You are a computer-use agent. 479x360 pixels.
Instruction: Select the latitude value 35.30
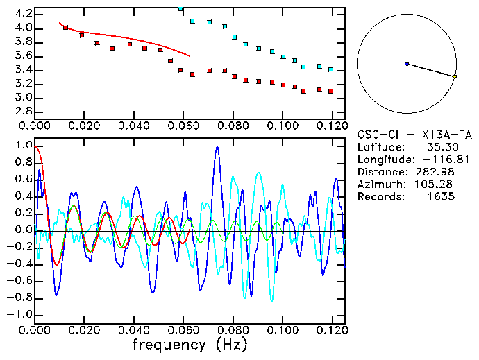pos(442,147)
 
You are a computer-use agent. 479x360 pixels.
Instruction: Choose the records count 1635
pos(440,197)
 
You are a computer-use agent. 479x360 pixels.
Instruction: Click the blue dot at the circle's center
pos(407,64)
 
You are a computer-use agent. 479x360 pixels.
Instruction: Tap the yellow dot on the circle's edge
pos(455,76)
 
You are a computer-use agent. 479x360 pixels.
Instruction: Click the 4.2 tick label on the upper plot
pos(22,14)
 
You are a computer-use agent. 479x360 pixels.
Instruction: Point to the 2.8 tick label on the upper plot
pos(22,112)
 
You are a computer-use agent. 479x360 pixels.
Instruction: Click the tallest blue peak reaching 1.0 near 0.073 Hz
pos(217,147)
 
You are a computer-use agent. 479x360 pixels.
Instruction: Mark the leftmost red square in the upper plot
pos(65,28)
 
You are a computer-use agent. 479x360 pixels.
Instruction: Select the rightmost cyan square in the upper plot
pos(331,69)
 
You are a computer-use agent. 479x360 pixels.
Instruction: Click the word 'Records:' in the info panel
pos(380,197)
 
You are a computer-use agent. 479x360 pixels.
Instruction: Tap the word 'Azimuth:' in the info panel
pos(380,185)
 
